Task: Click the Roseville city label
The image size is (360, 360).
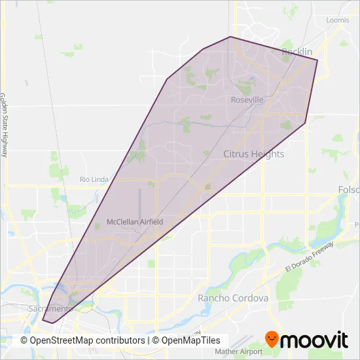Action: tap(247, 100)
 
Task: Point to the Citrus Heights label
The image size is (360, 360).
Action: tap(254, 154)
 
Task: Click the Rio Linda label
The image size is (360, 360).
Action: tap(93, 179)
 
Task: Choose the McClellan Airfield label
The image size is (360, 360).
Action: tap(135, 223)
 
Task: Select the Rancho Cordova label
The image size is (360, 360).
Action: tap(233, 298)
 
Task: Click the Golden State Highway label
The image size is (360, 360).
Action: tap(4, 124)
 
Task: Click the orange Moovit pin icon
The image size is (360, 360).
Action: tap(272, 339)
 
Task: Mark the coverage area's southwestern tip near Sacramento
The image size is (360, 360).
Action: tap(44, 321)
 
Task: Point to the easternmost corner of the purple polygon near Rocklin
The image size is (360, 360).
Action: tap(317, 60)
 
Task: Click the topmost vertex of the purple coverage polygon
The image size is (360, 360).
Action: tap(230, 37)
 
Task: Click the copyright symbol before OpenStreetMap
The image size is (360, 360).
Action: tap(25, 341)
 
